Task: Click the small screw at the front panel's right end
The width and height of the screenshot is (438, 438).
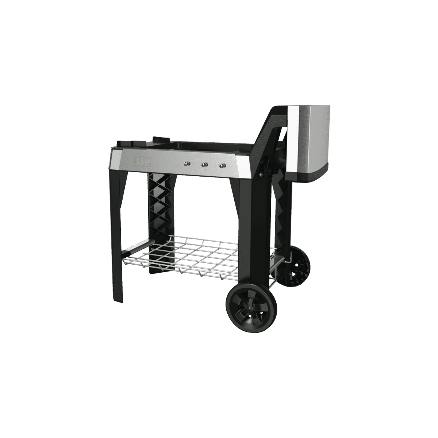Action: coord(261,174)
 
